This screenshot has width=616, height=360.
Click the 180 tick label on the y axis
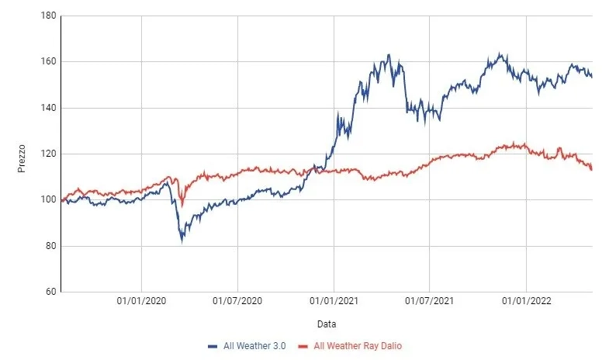(x=48, y=16)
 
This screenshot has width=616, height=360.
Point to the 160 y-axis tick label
(x=48, y=62)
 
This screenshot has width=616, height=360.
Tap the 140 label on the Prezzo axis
(x=48, y=108)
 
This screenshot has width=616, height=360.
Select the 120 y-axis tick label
(x=48, y=154)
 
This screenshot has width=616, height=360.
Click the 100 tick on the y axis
(x=48, y=200)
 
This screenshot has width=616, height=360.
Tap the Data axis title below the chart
(x=327, y=323)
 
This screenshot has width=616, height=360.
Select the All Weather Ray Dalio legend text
(x=358, y=345)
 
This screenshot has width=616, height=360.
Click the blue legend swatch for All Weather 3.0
(x=214, y=345)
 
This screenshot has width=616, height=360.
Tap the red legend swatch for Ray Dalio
(x=303, y=345)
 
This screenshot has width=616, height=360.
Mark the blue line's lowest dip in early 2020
(x=182, y=241)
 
